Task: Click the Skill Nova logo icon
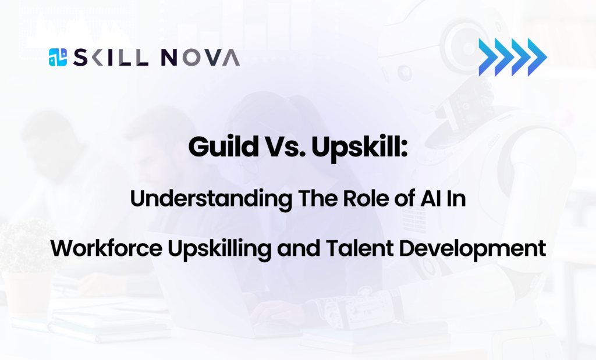click(58, 57)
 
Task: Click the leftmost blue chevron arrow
click(487, 58)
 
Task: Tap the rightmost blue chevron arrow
click(537, 58)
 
